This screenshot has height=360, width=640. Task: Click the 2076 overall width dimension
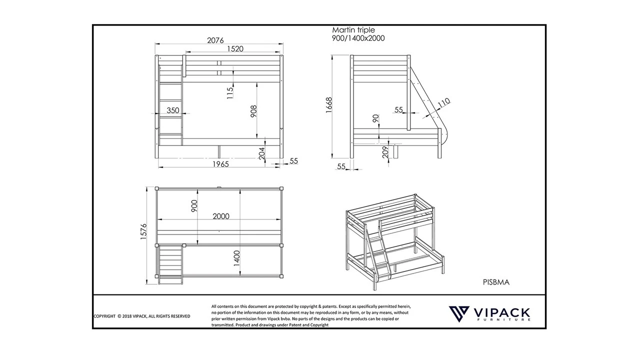(216, 40)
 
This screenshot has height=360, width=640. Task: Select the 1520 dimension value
(235, 49)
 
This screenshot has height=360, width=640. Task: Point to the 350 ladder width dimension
(173, 110)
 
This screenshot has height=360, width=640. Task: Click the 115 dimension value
(230, 92)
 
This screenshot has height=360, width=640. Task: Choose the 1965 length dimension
(219, 164)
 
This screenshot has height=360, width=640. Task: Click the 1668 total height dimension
(329, 106)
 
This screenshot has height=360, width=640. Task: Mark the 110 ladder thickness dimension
(444, 102)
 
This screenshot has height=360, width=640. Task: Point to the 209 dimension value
(385, 152)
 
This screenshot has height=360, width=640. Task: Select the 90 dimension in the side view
(375, 119)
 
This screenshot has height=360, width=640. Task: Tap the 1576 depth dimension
(144, 231)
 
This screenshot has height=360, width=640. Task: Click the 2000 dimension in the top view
(221, 216)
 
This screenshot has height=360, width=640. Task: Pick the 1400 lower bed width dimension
(237, 257)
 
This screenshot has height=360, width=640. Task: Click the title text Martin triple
(353, 30)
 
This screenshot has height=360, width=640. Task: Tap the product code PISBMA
(496, 282)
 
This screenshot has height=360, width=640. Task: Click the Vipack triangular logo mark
(458, 314)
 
